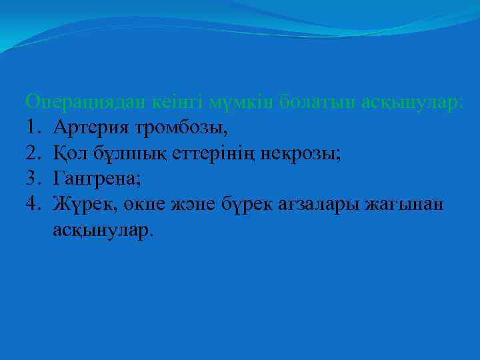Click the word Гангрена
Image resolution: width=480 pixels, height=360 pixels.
97,179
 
